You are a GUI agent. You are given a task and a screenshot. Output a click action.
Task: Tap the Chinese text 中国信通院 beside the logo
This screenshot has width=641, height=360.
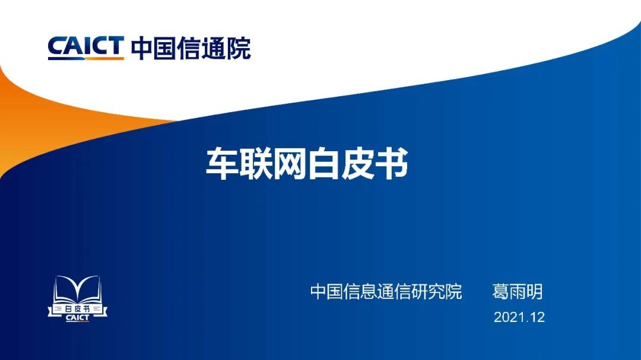coord(191,48)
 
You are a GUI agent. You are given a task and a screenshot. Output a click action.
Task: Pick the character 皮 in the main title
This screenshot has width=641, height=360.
coord(357,164)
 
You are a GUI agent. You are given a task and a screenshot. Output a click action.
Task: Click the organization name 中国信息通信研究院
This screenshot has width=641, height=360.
coord(386,292)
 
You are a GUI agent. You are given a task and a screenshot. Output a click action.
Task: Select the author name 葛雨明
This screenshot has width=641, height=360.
coord(517,292)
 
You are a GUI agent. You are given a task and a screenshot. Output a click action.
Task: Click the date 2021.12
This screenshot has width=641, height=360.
coord(519,317)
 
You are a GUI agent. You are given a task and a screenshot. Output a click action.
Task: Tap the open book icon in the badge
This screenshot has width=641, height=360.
coord(78,289)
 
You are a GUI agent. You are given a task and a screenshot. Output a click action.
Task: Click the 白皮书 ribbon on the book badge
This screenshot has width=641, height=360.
coord(78,309)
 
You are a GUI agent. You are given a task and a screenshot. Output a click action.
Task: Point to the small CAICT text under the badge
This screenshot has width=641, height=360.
coord(77,318)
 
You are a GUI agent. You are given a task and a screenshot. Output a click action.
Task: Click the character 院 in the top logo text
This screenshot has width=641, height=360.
coord(239,48)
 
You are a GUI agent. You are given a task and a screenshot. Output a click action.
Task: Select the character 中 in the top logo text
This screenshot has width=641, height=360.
coord(142,48)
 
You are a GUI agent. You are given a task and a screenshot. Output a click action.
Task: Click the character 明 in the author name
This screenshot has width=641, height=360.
coord(534,292)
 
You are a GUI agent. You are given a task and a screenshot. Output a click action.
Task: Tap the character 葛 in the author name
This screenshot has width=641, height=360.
coord(500,292)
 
